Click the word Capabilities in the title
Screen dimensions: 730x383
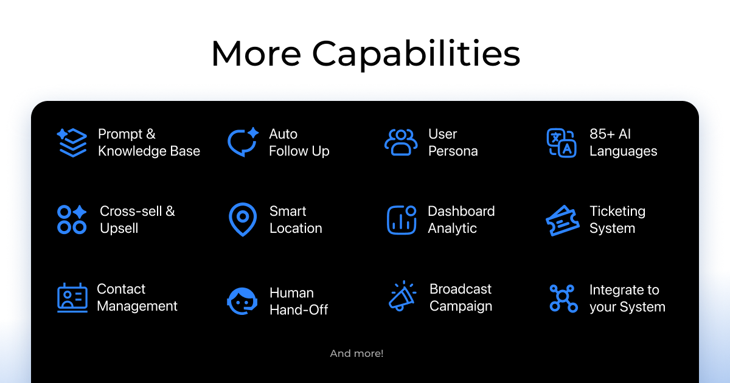click(x=416, y=53)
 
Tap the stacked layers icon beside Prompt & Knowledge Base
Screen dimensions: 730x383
click(x=72, y=143)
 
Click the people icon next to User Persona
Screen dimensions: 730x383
click(x=401, y=142)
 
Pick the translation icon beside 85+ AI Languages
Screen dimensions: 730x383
click(x=561, y=143)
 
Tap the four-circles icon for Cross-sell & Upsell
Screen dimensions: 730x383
click(x=72, y=219)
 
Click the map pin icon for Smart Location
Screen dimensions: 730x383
click(x=243, y=219)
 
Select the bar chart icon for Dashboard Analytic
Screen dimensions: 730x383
click(x=401, y=220)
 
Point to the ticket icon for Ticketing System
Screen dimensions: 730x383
click(x=563, y=221)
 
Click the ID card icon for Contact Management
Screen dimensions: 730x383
click(x=72, y=298)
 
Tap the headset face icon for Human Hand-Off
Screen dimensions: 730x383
click(x=242, y=302)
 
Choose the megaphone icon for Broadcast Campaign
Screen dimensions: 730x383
click(x=403, y=295)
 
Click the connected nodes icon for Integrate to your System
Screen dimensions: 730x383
click(x=563, y=298)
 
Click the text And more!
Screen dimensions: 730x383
click(x=356, y=353)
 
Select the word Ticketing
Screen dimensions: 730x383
click(x=617, y=212)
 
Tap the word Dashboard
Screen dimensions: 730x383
click(x=461, y=211)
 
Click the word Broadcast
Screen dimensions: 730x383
click(x=460, y=289)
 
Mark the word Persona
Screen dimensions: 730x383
click(x=453, y=151)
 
